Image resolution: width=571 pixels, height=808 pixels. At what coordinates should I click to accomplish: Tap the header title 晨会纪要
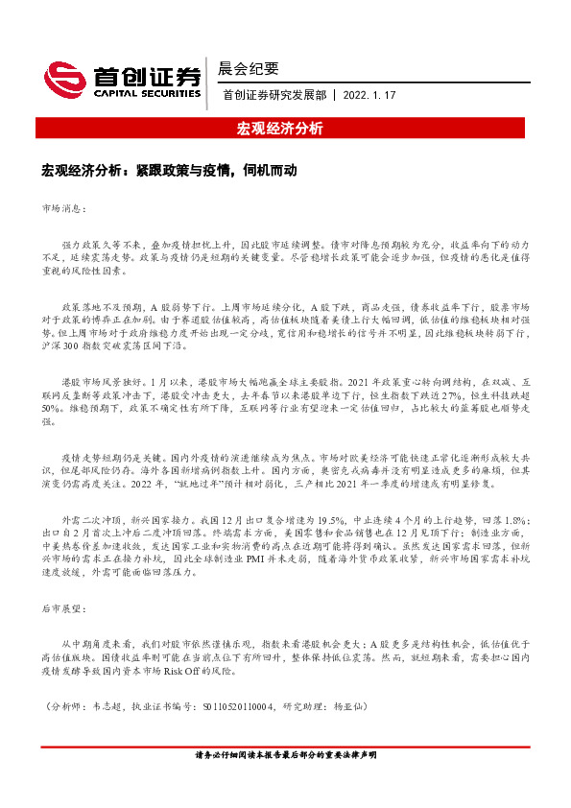[x=249, y=68]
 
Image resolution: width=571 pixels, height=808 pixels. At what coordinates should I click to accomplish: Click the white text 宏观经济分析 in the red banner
[x=285, y=128]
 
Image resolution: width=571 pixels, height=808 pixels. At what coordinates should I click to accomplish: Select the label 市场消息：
[x=65, y=207]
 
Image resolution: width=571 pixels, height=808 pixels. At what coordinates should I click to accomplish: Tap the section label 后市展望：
[x=65, y=608]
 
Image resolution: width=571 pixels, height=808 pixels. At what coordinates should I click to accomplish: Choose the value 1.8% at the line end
[x=515, y=519]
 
